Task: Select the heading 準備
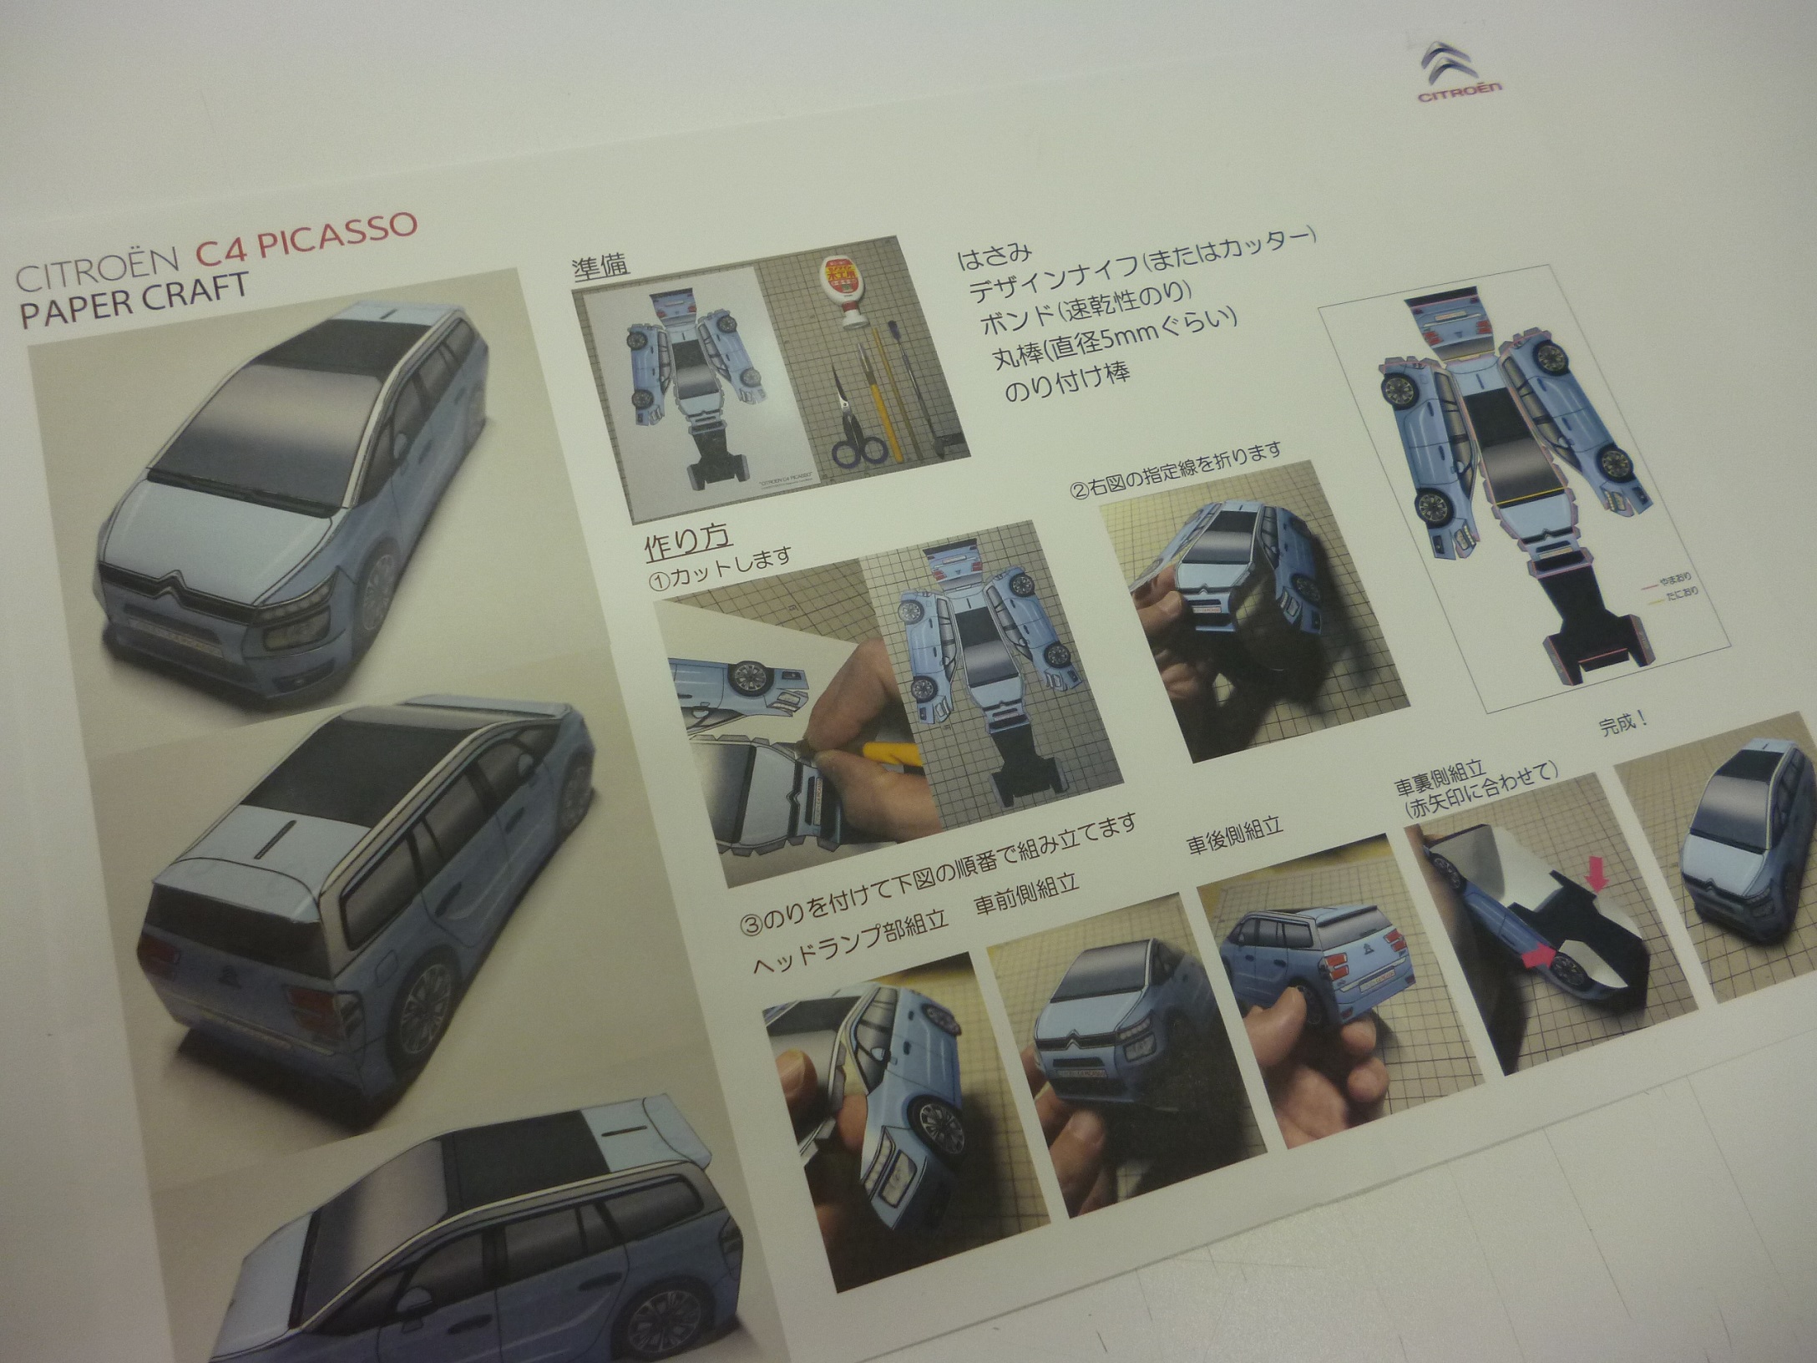pyautogui.click(x=600, y=266)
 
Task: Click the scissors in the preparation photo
pyautogui.click(x=856, y=438)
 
